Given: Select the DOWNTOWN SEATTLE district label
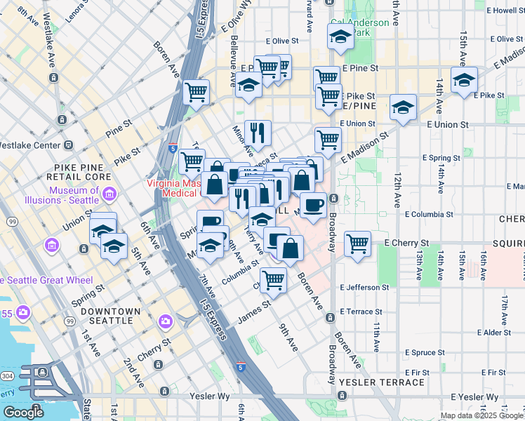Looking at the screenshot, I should click(x=106, y=316).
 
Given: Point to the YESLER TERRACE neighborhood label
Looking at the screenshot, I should click(x=381, y=382).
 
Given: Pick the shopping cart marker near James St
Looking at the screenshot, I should click(x=273, y=281).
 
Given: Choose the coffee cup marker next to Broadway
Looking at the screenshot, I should click(x=313, y=205).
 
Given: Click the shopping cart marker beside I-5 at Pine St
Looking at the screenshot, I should click(x=197, y=92).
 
